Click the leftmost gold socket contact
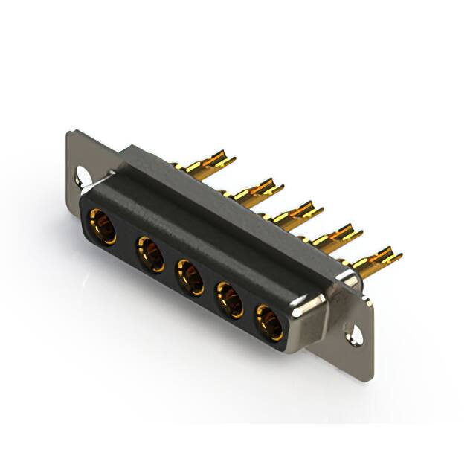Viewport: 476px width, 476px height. coord(101,226)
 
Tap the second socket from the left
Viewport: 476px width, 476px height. coord(149,254)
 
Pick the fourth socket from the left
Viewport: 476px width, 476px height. coord(229,300)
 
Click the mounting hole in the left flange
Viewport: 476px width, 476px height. coord(82,178)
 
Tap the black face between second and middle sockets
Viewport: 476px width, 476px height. coord(170,265)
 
